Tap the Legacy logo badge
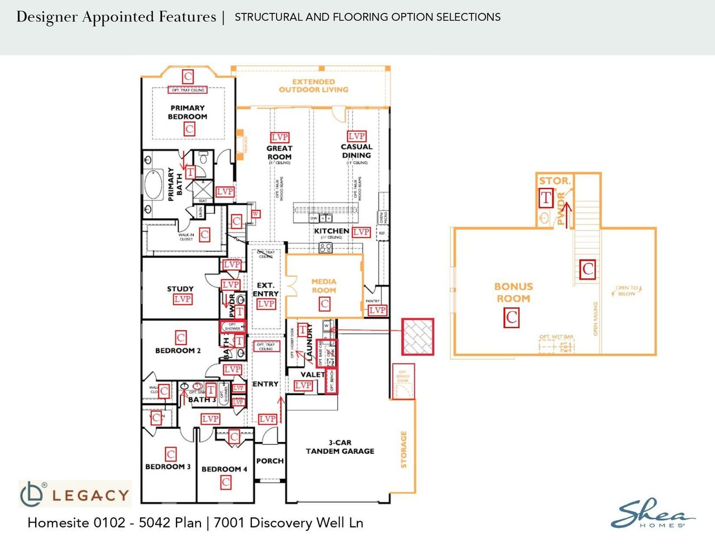click(75, 494)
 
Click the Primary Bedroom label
click(187, 112)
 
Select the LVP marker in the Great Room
click(279, 137)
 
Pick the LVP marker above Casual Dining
click(356, 136)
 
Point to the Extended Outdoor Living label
click(313, 85)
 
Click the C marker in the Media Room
click(324, 304)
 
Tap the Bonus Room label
click(513, 292)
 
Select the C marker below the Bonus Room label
click(512, 318)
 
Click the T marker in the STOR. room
click(546, 198)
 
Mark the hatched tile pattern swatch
click(418, 337)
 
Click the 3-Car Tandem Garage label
click(340, 447)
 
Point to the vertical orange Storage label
click(404, 449)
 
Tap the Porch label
click(270, 461)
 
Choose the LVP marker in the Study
click(182, 299)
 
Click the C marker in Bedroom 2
click(180, 338)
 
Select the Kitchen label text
click(331, 231)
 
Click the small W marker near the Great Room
click(255, 214)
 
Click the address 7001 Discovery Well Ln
click(288, 523)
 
